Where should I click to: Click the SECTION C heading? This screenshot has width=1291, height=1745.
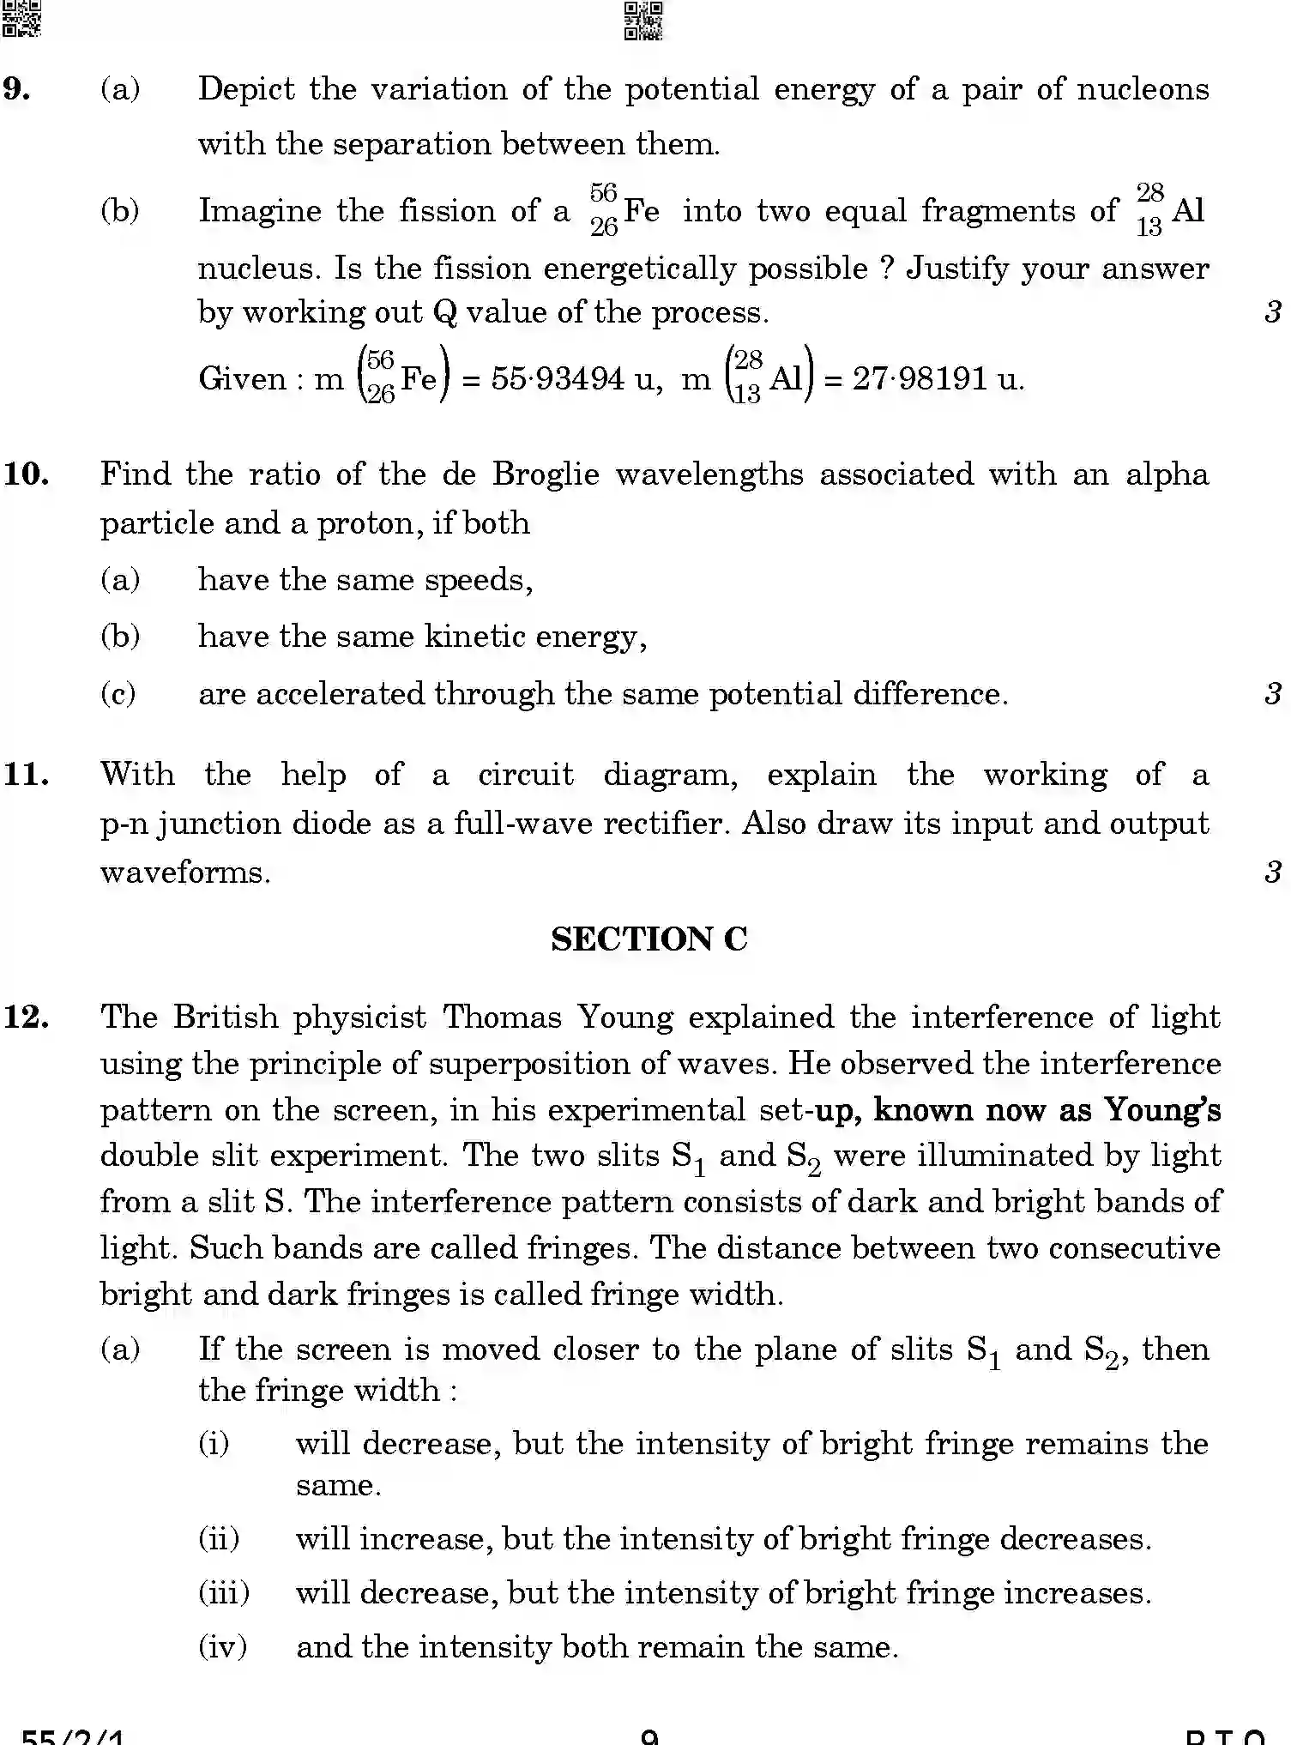[x=649, y=939]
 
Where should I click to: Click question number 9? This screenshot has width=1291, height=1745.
[x=17, y=88]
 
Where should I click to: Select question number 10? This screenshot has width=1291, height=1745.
[x=27, y=474]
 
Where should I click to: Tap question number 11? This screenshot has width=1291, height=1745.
[x=27, y=774]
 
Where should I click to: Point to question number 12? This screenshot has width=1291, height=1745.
[x=27, y=1017]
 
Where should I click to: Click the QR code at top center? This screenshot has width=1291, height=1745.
[x=643, y=21]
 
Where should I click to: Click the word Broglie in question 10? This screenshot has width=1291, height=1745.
[x=546, y=474]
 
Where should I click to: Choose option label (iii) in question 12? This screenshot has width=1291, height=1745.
[x=224, y=1592]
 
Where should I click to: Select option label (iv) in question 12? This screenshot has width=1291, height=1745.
[x=223, y=1646]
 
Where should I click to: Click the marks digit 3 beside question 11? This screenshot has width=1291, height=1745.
[x=1273, y=872]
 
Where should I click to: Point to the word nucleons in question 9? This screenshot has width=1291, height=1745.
[x=1143, y=88]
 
